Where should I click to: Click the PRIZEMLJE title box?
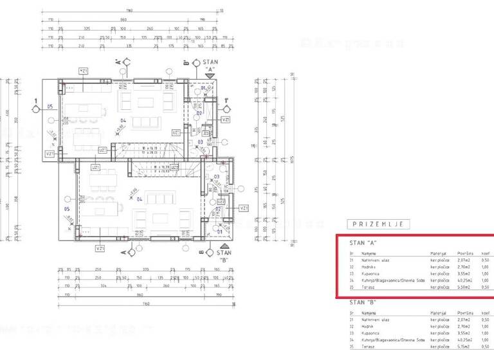click(x=378, y=224)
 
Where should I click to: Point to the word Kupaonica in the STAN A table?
click(x=372, y=273)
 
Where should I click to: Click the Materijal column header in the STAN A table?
click(x=439, y=253)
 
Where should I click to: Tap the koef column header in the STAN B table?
click(x=484, y=312)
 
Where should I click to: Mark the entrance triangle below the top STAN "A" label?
click(x=208, y=75)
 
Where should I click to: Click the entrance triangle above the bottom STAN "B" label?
click(x=224, y=245)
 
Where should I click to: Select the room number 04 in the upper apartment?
click(x=122, y=120)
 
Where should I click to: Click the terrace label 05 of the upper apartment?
click(x=50, y=107)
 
